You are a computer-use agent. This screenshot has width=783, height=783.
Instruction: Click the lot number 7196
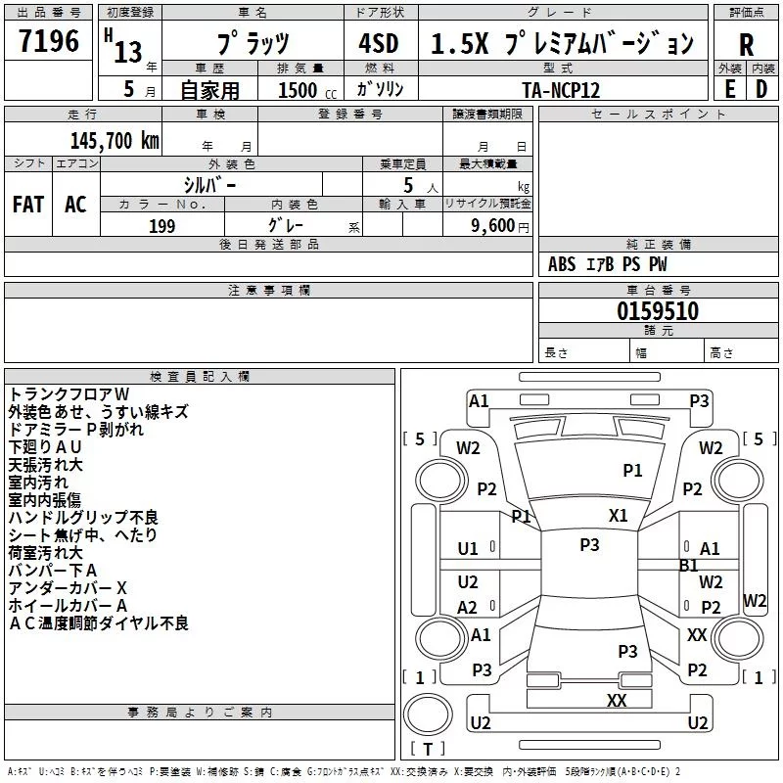(x=49, y=42)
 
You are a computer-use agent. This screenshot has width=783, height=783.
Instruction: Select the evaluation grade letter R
(x=746, y=45)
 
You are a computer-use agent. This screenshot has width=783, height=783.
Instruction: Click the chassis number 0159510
(x=658, y=311)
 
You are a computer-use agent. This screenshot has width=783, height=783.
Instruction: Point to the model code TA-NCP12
(x=561, y=90)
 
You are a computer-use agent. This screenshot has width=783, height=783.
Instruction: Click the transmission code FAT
(x=27, y=205)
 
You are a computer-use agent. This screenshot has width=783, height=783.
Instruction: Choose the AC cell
(x=75, y=205)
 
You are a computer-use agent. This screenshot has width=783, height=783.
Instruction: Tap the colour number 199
(x=161, y=226)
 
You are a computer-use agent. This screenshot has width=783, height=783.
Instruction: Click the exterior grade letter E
(x=729, y=89)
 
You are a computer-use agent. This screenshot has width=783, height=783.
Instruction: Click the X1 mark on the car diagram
(x=618, y=516)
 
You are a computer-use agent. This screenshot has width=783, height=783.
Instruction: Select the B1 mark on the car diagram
(x=688, y=566)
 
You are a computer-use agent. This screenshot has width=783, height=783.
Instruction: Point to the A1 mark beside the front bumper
(x=479, y=401)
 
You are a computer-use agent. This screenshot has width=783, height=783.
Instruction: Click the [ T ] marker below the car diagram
(x=427, y=750)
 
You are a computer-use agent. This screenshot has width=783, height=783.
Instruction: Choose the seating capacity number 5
(x=407, y=184)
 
